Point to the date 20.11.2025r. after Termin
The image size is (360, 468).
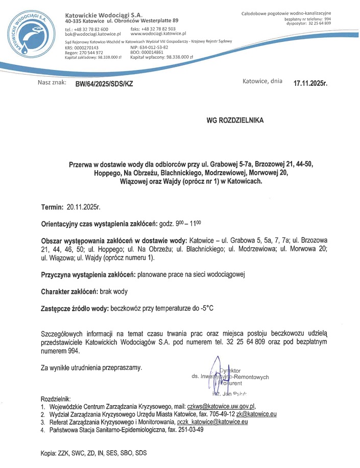click(84, 207)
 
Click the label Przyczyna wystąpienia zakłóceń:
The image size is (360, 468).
click(88, 275)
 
